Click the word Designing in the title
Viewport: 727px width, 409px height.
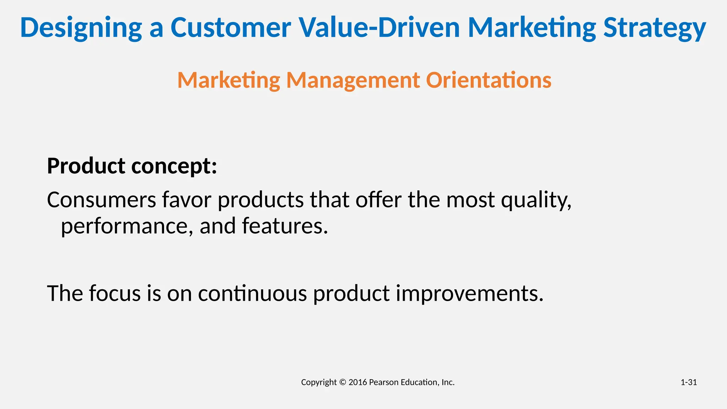point(81,28)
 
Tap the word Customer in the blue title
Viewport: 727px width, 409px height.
point(231,28)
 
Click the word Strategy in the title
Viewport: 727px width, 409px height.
point(655,28)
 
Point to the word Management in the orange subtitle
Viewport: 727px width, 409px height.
point(353,80)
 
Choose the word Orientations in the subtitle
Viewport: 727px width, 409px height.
point(488,80)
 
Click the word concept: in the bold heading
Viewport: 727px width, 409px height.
point(174,166)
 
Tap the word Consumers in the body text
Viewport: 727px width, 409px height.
point(102,200)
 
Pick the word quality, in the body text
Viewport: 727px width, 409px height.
point(536,200)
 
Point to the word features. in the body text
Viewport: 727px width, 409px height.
point(285,226)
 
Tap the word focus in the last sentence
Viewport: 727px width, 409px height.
point(115,294)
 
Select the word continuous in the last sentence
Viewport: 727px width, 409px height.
point(252,294)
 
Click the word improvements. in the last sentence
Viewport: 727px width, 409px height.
point(469,294)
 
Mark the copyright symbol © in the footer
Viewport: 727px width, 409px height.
point(342,382)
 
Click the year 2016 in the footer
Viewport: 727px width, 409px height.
point(357,382)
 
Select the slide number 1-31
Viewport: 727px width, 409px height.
point(688,382)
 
